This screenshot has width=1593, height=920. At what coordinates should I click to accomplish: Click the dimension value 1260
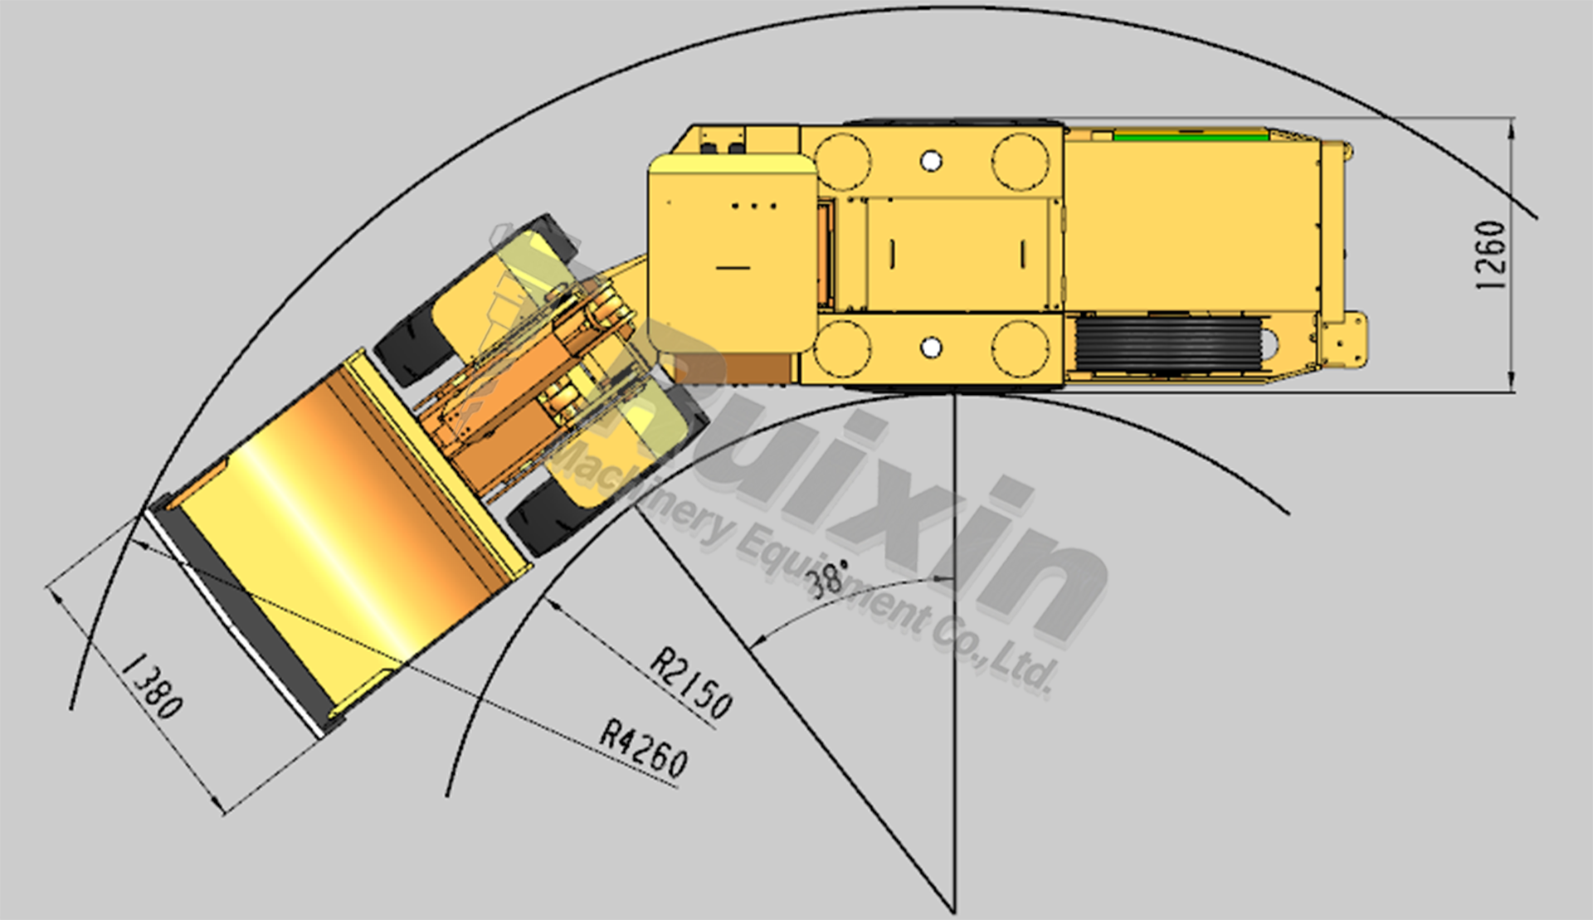point(1491,255)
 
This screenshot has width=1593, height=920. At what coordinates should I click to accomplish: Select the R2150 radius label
point(691,682)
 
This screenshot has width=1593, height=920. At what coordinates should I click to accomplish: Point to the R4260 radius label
point(644,749)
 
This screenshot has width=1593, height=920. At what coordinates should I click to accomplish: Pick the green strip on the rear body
point(1190,136)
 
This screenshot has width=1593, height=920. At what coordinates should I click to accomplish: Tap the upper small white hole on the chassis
point(931,160)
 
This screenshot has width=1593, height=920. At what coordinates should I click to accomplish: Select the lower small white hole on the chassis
point(931,347)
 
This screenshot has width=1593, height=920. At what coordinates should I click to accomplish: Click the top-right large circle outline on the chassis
point(1020,161)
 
